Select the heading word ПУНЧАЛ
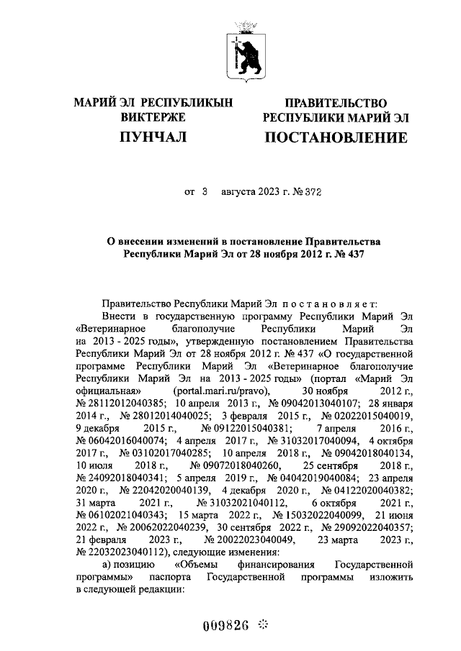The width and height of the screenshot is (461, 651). pos(153,137)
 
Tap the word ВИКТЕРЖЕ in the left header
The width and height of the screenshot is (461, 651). pos(153,117)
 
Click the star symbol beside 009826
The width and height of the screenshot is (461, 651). pos(263,624)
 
